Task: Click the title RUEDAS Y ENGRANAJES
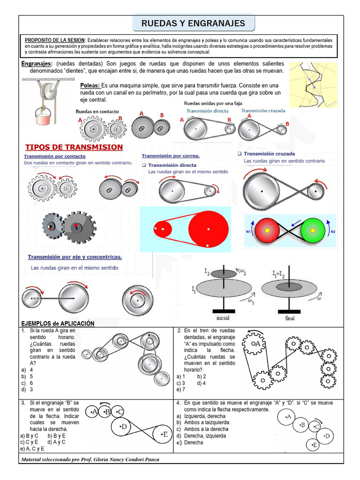(x=193, y=23)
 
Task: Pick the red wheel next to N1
(x=267, y=231)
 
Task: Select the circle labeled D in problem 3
(x=123, y=427)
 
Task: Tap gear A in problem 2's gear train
(x=256, y=344)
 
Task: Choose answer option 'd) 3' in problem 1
(x=28, y=389)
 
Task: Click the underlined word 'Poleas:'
(x=90, y=86)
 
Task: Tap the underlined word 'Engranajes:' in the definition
(x=37, y=64)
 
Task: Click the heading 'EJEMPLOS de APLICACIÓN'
(x=58, y=323)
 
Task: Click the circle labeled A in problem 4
(x=288, y=416)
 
